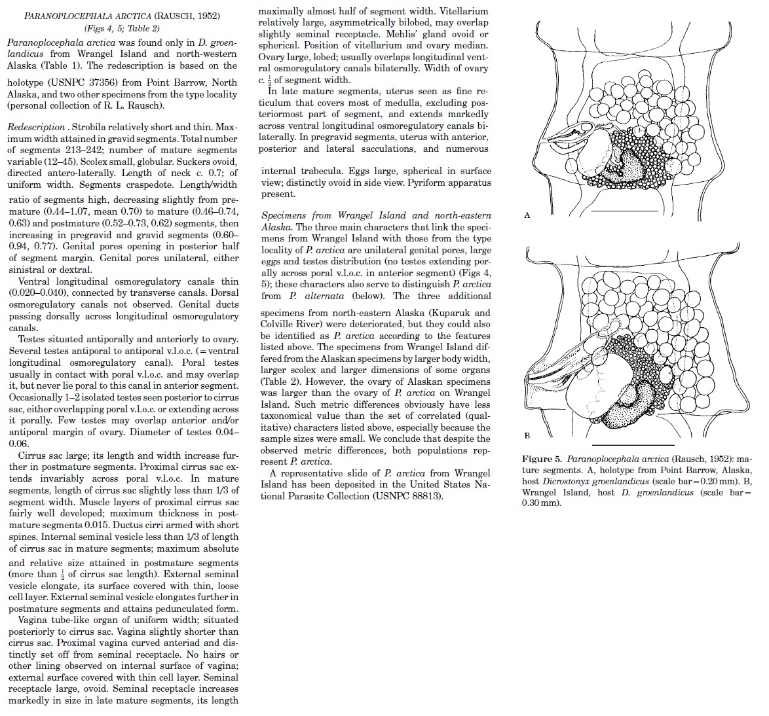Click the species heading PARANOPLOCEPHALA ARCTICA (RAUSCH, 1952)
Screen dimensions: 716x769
(122, 16)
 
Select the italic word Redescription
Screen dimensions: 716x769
(36, 126)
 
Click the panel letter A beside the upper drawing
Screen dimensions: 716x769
(527, 215)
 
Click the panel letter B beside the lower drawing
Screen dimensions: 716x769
(527, 435)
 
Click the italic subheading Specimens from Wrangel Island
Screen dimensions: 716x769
(333, 215)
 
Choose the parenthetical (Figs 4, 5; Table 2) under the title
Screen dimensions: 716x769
(122, 28)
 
